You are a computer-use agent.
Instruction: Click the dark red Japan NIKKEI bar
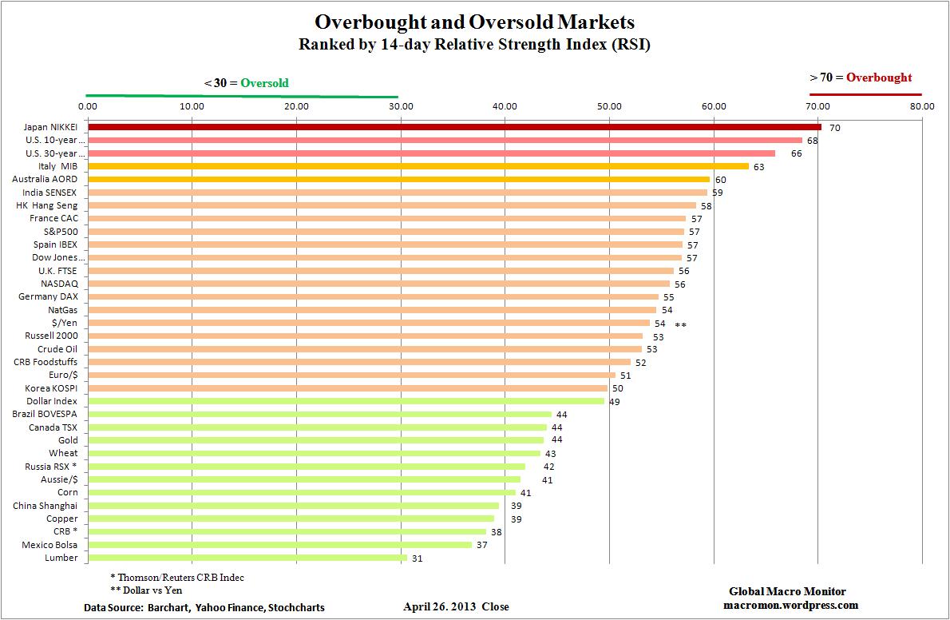coord(454,127)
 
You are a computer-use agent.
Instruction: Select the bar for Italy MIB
coord(418,166)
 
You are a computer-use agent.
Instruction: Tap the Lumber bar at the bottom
coord(247,558)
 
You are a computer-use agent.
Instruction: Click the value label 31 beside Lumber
coord(417,558)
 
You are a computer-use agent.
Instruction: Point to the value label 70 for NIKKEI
coord(834,128)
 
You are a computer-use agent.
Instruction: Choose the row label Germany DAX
coord(48,296)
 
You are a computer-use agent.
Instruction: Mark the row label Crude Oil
coord(57,349)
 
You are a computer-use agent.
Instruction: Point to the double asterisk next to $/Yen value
coord(680,324)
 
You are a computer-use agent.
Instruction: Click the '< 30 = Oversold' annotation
coord(247,83)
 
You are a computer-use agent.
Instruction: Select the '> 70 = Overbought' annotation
coord(861,77)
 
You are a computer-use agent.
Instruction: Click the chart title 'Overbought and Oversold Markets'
coord(475,22)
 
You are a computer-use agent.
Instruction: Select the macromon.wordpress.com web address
coord(787,605)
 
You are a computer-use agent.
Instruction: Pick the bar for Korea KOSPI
coord(347,388)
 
